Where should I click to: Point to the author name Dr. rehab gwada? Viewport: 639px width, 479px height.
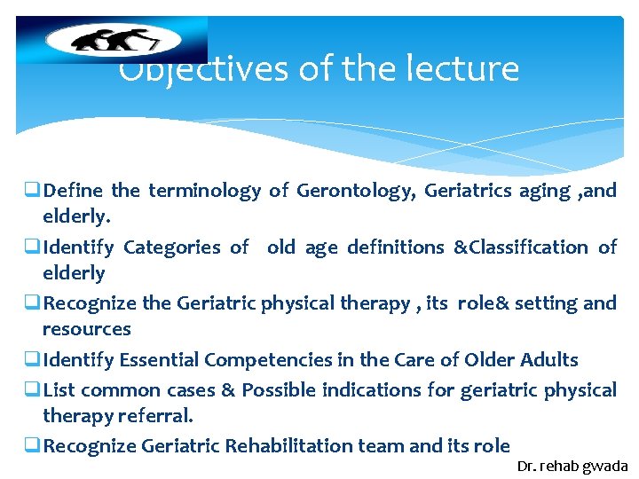(572, 466)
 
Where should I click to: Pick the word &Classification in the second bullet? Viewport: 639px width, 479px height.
(520, 247)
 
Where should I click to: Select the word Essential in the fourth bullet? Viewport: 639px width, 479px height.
(158, 360)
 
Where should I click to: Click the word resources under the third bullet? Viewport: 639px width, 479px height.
(87, 329)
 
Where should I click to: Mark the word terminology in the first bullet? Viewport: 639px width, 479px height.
(204, 191)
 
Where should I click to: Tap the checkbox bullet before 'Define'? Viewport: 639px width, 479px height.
(33, 191)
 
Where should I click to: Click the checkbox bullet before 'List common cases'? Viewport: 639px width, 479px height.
(33, 390)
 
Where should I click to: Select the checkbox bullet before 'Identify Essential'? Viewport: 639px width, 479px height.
(33, 360)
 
